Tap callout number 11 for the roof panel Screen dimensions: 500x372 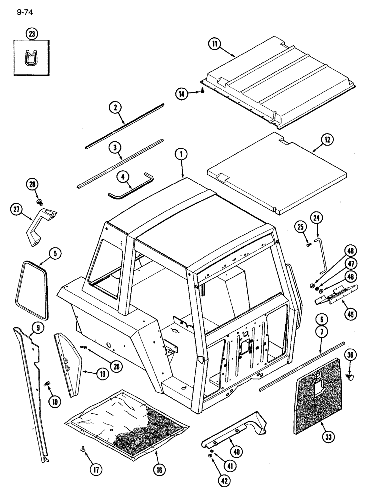click(215, 45)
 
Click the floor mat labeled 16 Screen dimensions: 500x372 click(127, 420)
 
